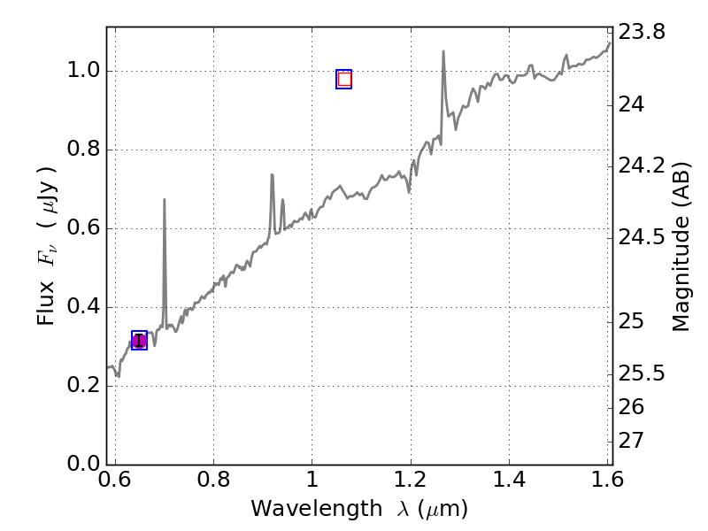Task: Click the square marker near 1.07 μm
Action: [x=344, y=79]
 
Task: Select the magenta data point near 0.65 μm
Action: [x=139, y=341]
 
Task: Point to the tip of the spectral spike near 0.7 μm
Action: [x=165, y=200]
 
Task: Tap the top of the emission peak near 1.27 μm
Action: [x=443, y=51]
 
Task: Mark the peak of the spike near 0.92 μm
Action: [x=272, y=175]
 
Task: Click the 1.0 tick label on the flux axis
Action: [x=82, y=71]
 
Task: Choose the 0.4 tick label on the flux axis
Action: [x=82, y=307]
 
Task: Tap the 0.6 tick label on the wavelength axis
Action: [x=115, y=480]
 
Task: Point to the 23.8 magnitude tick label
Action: [x=643, y=34]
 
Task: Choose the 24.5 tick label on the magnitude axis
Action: [x=643, y=238]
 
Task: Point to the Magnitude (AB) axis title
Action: [x=681, y=246]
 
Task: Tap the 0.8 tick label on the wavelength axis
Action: [x=213, y=480]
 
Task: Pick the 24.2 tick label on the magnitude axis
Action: [x=643, y=166]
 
